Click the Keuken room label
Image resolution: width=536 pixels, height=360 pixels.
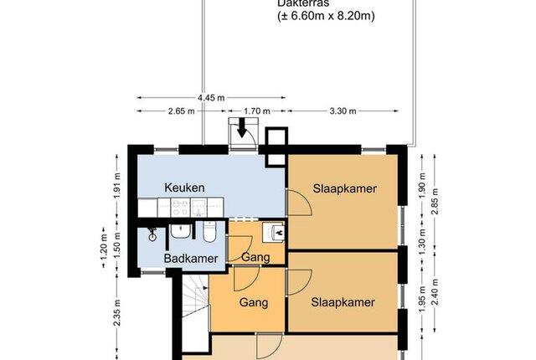184,188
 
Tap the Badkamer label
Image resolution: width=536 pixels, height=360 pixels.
191,258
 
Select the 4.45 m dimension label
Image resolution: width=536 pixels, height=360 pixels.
211,98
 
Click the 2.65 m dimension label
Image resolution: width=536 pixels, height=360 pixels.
181,111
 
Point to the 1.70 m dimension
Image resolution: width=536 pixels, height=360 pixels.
257,111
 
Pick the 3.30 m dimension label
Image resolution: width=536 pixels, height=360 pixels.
343,111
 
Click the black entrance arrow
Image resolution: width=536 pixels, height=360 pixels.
242,127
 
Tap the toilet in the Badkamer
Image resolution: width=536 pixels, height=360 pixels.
209,232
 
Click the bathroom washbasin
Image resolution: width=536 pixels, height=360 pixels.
181,231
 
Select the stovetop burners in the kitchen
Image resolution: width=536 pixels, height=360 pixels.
181,208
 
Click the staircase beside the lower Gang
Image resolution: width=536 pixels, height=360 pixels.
195,312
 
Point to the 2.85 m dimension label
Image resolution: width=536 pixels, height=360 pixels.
435,202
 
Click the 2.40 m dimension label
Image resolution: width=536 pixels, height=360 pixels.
435,292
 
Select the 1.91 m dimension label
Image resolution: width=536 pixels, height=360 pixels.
117,186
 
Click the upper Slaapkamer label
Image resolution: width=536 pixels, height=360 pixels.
345,188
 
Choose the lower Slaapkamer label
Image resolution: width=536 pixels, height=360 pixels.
343,302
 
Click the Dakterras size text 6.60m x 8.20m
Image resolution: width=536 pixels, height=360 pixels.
326,16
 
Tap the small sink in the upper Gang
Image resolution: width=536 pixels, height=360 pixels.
274,232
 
